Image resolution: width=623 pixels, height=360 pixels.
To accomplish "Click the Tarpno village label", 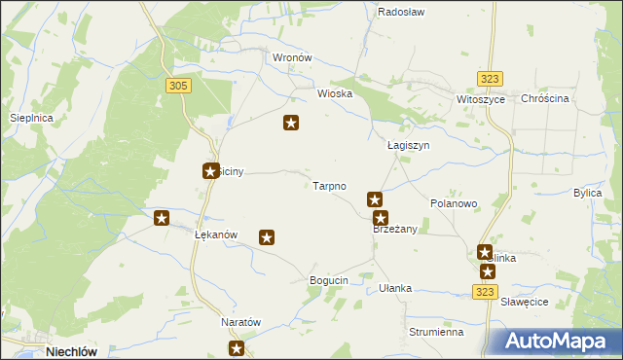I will click(329, 186).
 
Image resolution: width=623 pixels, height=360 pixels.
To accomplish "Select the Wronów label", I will click(291, 57).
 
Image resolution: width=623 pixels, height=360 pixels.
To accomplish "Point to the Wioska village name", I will click(335, 94).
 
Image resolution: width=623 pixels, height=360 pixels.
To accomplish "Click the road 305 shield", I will click(177, 87).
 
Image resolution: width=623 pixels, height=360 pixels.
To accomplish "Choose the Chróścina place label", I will click(544, 99).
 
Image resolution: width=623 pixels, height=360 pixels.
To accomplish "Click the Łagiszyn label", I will click(408, 145).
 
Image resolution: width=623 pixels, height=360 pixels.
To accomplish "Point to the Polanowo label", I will click(453, 204).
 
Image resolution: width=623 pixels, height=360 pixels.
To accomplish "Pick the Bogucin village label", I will click(328, 280).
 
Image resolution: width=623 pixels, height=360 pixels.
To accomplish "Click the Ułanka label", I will click(395, 288).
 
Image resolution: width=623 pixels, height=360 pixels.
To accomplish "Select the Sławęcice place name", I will click(526, 303).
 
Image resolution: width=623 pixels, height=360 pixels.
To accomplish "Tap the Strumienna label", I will click(435, 332).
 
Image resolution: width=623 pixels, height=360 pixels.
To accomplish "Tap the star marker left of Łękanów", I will click(162, 218).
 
